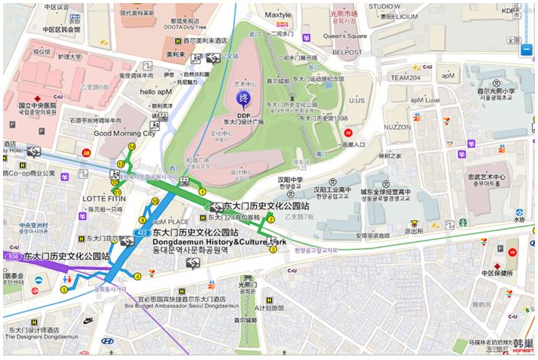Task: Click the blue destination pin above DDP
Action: (x=241, y=99)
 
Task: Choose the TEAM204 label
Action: (x=406, y=78)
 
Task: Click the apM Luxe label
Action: (x=425, y=100)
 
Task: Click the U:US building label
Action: (x=356, y=100)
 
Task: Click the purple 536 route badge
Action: (x=11, y=257)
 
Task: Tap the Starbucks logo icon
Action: (x=462, y=223)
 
